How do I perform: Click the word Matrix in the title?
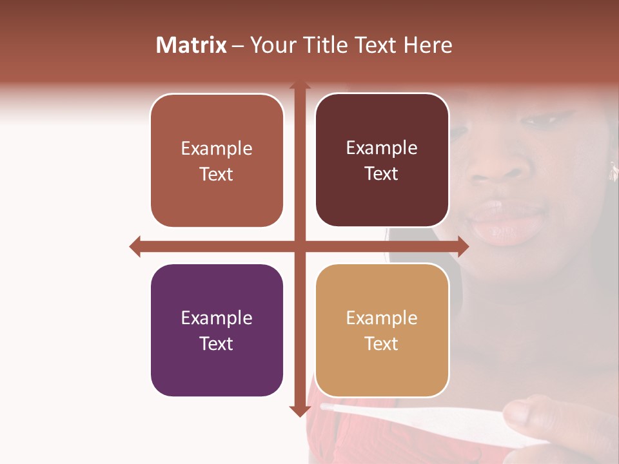pos(191,45)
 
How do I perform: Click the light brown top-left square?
pos(217,160)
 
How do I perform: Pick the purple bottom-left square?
pos(217,330)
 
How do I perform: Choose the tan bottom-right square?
pos(382,330)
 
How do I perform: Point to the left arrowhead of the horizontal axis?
pos(135,246)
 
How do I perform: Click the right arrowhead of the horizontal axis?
pos(464,246)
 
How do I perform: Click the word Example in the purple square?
pos(217,318)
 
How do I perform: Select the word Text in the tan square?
pos(382,343)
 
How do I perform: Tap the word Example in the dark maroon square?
pos(382,148)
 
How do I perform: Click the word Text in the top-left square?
pos(217,174)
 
